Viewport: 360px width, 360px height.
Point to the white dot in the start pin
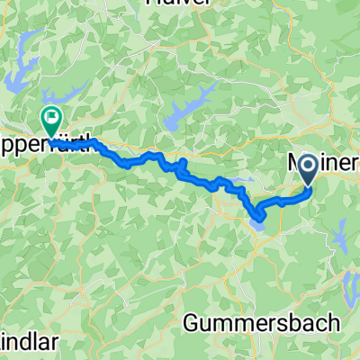[x=307, y=164]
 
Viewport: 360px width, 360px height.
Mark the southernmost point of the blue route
[x=259, y=218]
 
